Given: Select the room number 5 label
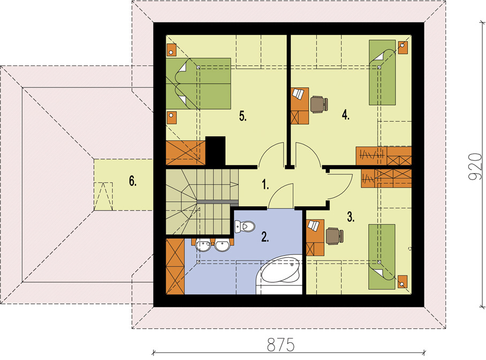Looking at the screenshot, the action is [242, 117].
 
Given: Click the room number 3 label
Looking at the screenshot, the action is [351, 217].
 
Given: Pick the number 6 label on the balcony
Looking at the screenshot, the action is [133, 181].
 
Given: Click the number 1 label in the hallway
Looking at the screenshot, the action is [265, 185].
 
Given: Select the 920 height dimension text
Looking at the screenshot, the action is [475, 166].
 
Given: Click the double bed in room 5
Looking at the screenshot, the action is [199, 84].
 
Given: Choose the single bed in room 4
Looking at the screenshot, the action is [382, 72].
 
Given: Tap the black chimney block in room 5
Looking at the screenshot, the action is [215, 151].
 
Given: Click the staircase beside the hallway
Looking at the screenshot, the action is [202, 202].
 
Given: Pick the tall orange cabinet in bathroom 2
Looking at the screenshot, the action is [175, 266].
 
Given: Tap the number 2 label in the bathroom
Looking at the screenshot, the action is [265, 237].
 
